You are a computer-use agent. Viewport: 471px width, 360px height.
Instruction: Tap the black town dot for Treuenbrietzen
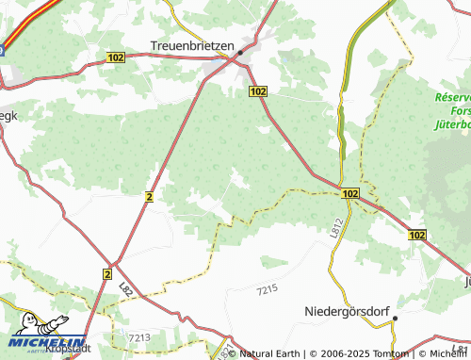[x=240, y=52]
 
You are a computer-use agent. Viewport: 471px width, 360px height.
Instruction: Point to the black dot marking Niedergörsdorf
[x=397, y=319]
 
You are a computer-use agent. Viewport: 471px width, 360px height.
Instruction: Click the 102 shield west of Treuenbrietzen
[x=115, y=57]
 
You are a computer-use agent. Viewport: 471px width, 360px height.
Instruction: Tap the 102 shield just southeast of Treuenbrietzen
[x=259, y=90]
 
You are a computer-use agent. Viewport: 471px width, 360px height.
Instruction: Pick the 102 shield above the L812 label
[x=350, y=193]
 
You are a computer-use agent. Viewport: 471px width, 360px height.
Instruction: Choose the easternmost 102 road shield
[x=417, y=233]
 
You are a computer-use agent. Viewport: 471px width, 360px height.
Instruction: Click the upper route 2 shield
[x=149, y=195]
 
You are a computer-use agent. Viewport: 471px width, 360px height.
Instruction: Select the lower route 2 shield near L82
[x=107, y=273]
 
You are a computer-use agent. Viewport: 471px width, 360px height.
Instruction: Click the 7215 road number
[x=268, y=287]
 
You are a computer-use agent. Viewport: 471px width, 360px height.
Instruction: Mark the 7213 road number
[x=138, y=336]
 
